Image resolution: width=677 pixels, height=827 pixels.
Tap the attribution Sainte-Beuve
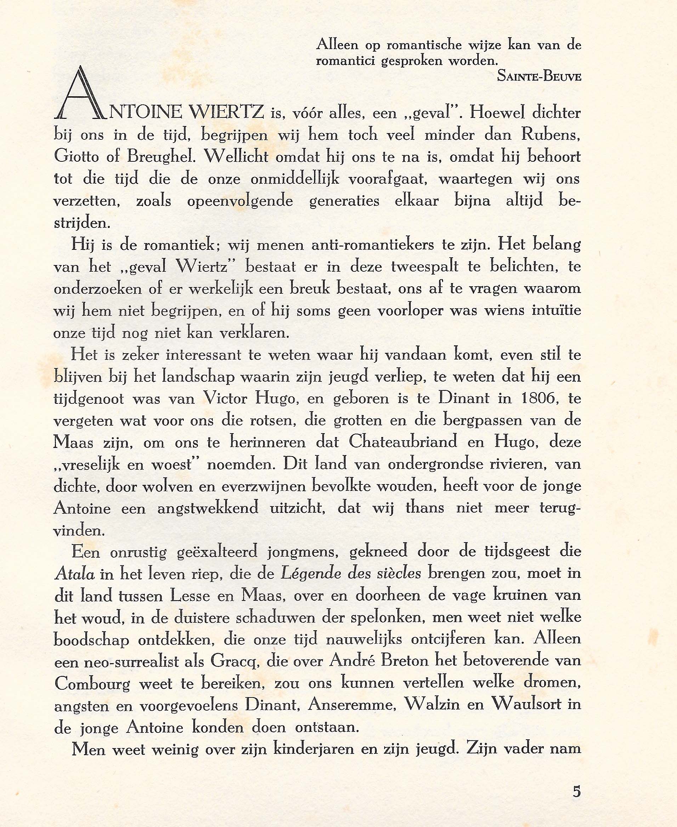(x=539, y=77)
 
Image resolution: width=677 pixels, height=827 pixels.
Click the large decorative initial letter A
(x=81, y=93)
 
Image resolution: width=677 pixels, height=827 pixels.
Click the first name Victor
(x=226, y=398)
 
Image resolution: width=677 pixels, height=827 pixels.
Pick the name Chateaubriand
(x=403, y=442)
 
